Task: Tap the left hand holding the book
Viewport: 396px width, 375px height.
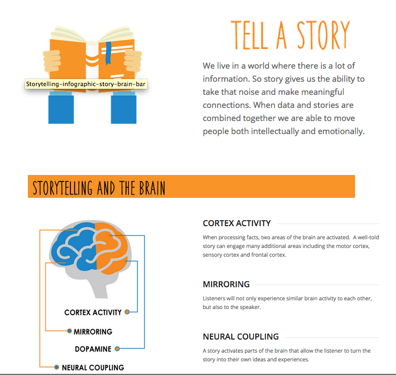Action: [52, 61]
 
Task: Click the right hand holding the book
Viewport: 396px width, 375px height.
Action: [133, 61]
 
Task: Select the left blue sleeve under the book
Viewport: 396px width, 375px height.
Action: [61, 108]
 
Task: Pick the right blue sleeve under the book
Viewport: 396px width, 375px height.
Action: [123, 108]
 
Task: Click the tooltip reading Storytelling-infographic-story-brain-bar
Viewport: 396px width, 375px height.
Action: [86, 84]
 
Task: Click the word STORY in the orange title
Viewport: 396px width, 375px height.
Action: [323, 35]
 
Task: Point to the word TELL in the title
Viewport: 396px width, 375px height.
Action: [249, 35]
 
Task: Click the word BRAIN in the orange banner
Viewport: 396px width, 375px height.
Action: [152, 188]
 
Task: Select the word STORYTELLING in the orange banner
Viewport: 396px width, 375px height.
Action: [63, 188]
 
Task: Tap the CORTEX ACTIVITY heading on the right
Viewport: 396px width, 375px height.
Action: [237, 223]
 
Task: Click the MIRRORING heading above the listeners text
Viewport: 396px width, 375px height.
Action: [226, 285]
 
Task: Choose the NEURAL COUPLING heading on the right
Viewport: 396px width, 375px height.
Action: [241, 337]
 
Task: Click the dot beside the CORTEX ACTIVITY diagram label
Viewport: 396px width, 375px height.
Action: [127, 312]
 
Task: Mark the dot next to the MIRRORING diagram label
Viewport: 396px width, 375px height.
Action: [69, 331]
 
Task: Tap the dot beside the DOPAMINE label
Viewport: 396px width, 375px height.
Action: [117, 349]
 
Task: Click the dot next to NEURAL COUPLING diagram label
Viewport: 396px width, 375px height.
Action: [57, 367]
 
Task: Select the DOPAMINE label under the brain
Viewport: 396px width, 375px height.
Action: [93, 349]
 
